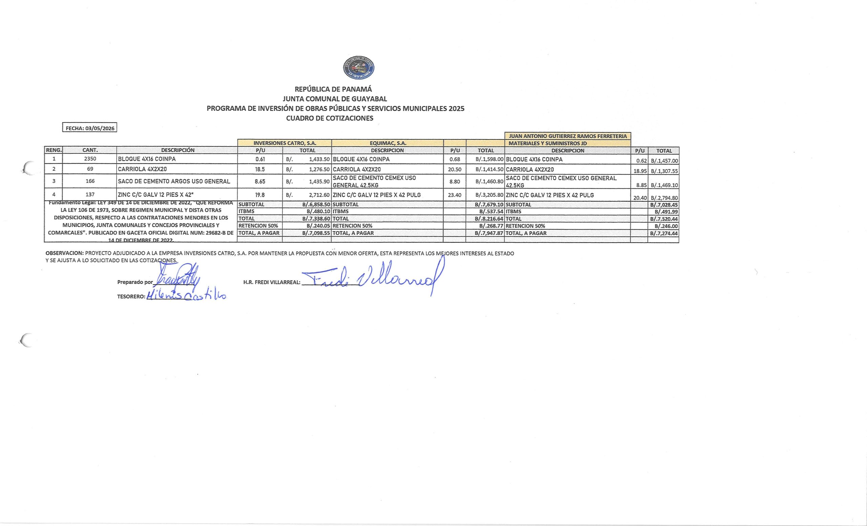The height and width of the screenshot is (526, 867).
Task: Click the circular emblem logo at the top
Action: coord(359,67)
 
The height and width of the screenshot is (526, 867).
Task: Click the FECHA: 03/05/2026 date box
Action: coord(90,128)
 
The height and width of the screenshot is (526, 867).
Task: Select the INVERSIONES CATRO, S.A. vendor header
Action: coord(285,143)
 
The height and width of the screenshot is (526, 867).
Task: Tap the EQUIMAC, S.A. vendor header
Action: coord(388,143)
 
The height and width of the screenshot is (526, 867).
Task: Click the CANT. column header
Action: coord(90,150)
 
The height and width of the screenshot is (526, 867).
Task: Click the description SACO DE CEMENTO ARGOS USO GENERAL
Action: coord(174,181)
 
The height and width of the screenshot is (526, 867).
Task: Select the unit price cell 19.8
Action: coord(260,195)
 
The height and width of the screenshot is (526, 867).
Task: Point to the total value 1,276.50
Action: coord(319,169)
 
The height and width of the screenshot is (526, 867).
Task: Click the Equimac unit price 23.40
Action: coord(454,195)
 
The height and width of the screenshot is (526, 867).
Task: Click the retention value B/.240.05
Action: coord(318,226)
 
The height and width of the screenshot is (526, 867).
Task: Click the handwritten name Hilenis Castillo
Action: coord(187,296)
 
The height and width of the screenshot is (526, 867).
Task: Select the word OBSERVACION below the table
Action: coord(64,253)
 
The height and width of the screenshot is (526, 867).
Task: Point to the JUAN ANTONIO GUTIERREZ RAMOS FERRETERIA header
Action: coord(568,136)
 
